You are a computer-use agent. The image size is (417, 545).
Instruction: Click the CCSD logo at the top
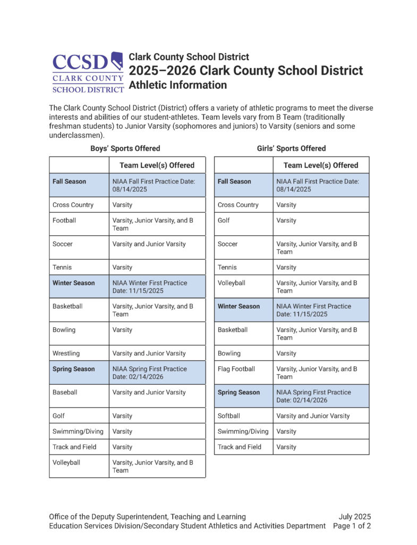(x=88, y=72)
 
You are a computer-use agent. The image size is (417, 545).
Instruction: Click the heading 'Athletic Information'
(x=178, y=85)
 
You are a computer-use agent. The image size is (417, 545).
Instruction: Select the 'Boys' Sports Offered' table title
(x=125, y=148)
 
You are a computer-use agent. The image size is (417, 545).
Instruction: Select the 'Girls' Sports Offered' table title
(x=291, y=148)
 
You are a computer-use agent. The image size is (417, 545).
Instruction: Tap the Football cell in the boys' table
(x=64, y=220)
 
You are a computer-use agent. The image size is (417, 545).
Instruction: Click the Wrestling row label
(x=66, y=353)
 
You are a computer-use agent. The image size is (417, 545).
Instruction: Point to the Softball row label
(x=229, y=416)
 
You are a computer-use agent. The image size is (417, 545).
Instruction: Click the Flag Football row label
(x=236, y=369)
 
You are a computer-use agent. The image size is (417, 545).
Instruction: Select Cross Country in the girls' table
(x=238, y=205)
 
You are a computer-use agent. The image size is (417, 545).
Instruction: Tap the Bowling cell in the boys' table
(x=64, y=330)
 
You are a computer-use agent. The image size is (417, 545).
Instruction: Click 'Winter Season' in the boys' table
(x=73, y=283)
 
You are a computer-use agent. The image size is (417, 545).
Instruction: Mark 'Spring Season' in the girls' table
(x=239, y=392)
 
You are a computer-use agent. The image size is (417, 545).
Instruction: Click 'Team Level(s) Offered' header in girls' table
(x=321, y=165)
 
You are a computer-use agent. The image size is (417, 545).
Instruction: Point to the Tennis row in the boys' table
(x=62, y=267)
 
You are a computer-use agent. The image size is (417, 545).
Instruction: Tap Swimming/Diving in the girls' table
(x=243, y=432)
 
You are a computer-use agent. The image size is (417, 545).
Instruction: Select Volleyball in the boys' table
(x=66, y=463)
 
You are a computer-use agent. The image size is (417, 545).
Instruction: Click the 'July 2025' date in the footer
(x=354, y=517)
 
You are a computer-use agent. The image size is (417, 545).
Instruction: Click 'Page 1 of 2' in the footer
(x=352, y=526)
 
